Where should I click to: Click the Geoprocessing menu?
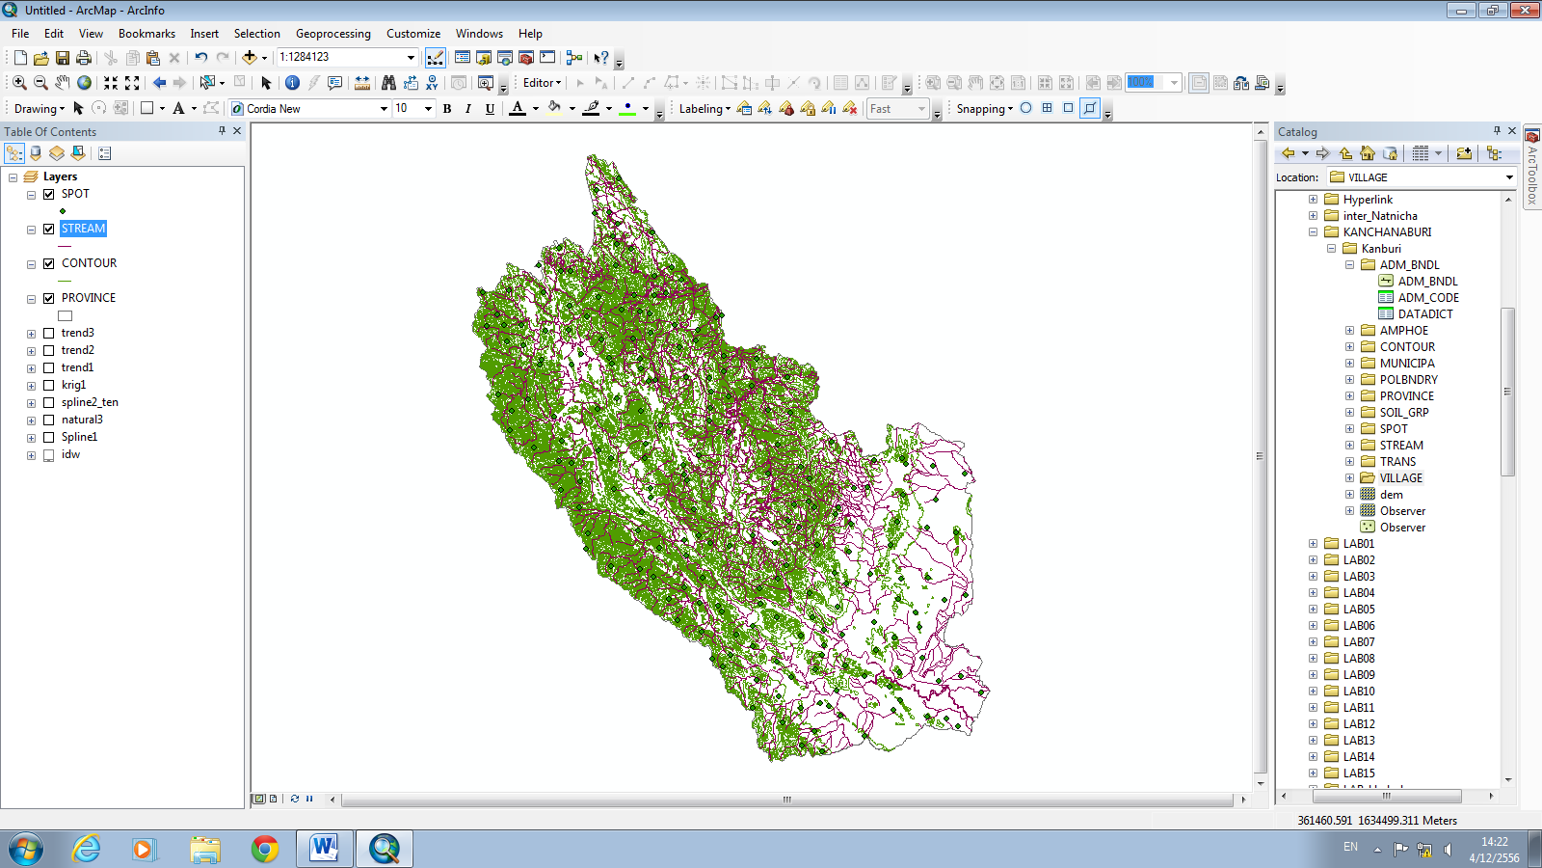click(332, 34)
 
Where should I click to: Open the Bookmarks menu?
click(146, 34)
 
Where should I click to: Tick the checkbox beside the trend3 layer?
click(48, 334)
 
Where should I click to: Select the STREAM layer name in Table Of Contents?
click(83, 229)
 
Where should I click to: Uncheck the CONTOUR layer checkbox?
click(48, 264)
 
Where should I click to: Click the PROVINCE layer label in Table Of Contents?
click(88, 298)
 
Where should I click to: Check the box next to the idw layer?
click(48, 455)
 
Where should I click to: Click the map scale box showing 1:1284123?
click(341, 57)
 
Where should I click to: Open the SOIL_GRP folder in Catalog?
click(1403, 413)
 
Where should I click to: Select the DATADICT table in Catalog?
click(1424, 314)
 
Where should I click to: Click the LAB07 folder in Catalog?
click(1359, 642)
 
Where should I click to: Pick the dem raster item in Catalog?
click(1391, 495)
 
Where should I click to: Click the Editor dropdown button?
click(542, 83)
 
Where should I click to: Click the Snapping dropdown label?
click(984, 109)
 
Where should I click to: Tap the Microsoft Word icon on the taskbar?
click(324, 849)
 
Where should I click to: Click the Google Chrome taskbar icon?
click(264, 849)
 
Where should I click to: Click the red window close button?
click(1525, 11)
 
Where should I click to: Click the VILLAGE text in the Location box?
click(1368, 177)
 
